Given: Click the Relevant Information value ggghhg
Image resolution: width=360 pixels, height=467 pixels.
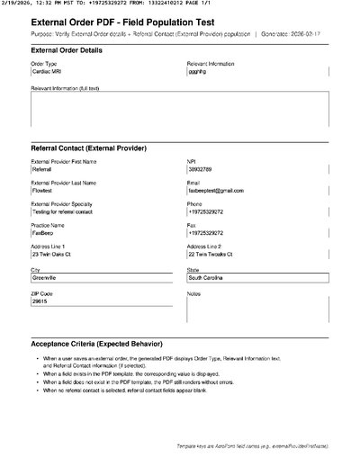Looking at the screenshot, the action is click(198, 72).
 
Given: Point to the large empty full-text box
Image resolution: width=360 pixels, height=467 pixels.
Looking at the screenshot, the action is click(180, 111).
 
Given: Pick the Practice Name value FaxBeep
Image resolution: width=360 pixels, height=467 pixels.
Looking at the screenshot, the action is click(43, 233).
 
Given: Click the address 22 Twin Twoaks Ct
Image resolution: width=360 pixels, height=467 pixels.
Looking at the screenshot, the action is click(216, 255).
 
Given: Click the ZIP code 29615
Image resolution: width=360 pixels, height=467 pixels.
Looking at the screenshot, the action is click(40, 301).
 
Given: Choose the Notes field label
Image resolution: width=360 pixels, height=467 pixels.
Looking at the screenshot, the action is click(193, 293).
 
